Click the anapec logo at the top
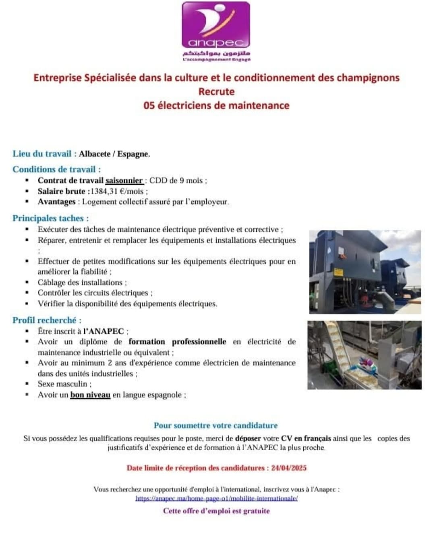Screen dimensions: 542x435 click(215, 26)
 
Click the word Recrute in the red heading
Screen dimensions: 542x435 click(216, 92)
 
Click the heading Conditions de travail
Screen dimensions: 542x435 click(56, 169)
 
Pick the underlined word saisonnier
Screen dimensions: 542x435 click(124, 181)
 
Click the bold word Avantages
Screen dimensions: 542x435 click(56, 202)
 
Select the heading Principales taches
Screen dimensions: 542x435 click(50, 218)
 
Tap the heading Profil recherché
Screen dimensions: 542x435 click(47, 320)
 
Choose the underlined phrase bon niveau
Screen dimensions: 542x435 click(90, 395)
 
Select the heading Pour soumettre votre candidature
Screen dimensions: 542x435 click(215, 426)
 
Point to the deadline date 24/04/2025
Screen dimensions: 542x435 click(289, 468)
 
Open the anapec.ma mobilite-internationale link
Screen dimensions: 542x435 click(217, 498)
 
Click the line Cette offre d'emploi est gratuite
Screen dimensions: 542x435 click(216, 511)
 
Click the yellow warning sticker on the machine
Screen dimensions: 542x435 click(338, 272)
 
